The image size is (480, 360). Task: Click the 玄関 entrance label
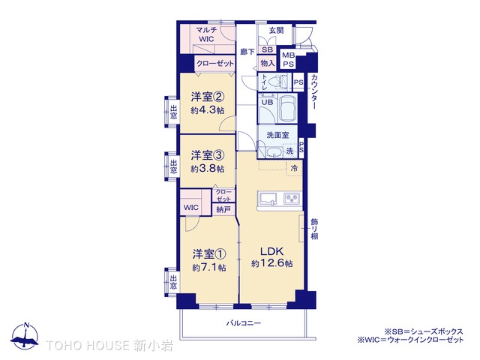point(276,30)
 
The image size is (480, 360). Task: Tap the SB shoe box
point(267,49)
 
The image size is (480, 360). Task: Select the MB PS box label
point(288,60)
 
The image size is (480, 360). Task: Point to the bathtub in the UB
point(288,108)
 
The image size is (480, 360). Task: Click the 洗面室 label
point(277,135)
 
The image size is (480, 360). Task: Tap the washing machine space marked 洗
point(289,151)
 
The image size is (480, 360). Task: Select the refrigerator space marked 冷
point(294,168)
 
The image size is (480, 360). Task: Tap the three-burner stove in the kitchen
point(292,198)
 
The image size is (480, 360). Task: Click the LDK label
point(271,251)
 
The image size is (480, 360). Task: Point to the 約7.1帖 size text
point(209,267)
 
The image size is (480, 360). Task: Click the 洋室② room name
point(208,97)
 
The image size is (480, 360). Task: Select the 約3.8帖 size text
point(207,168)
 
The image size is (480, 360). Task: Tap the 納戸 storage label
point(223,209)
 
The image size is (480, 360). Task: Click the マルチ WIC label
point(206,34)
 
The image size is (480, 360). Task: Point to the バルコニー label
point(244,323)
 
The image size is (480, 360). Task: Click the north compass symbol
point(25,336)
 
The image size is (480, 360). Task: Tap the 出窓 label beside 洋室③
point(173,166)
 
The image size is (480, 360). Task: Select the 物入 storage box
point(267,63)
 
